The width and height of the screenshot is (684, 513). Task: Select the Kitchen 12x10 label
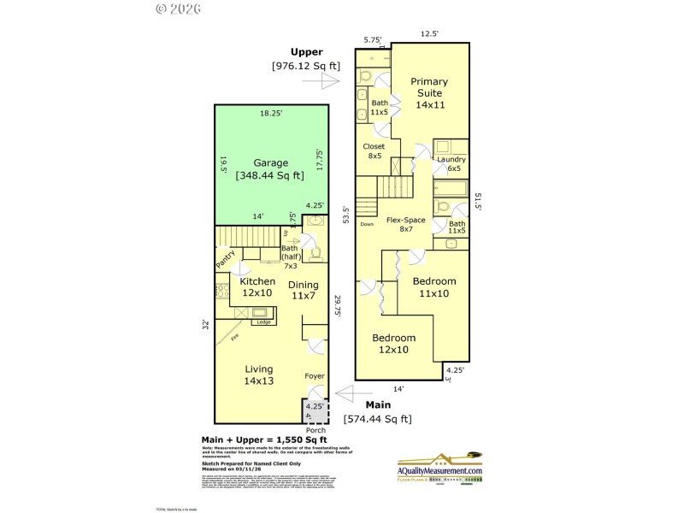pyautogui.click(x=257, y=286)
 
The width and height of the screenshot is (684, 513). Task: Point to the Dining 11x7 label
pyautogui.click(x=303, y=291)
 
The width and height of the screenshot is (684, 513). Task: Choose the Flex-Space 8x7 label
pyautogui.click(x=405, y=225)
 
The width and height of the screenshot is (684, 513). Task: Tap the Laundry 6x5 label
pyautogui.click(x=451, y=164)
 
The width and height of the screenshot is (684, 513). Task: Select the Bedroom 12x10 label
pyautogui.click(x=393, y=344)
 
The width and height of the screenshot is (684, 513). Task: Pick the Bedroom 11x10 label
pyautogui.click(x=434, y=286)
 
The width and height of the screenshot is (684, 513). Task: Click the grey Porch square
pyautogui.click(x=315, y=410)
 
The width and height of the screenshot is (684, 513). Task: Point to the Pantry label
pyautogui.click(x=226, y=259)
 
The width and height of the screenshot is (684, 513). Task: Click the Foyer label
pyautogui.click(x=315, y=376)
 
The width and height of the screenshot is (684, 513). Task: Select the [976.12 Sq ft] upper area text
pyautogui.click(x=305, y=66)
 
